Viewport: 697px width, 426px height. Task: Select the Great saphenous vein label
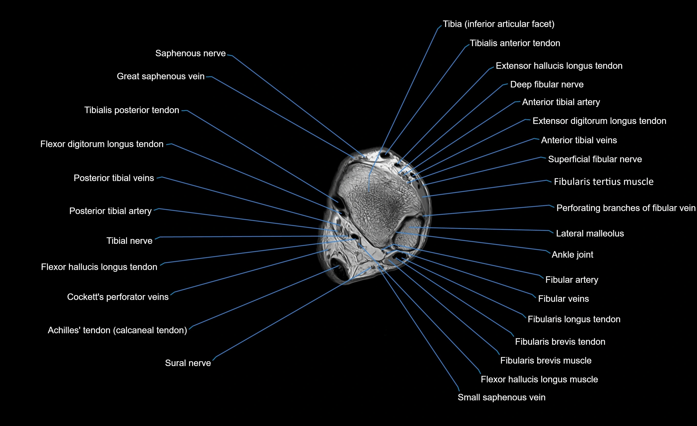pos(160,76)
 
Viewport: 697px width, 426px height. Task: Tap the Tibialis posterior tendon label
pos(132,110)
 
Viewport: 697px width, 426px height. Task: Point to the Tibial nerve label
pos(129,241)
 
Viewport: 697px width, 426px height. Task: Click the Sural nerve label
pos(188,363)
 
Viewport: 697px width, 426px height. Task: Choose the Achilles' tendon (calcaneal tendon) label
pos(117,330)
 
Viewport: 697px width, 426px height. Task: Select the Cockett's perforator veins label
pos(118,297)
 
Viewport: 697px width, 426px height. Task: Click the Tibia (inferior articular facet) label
pos(498,24)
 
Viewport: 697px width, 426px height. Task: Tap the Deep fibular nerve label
pos(547,85)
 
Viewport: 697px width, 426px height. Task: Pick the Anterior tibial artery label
pos(561,102)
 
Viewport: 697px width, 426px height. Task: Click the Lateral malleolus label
pos(590,234)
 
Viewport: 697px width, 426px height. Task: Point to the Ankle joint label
pos(572,255)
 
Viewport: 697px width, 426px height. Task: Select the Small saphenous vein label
pos(502,397)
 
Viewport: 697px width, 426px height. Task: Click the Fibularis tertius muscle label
pos(604,182)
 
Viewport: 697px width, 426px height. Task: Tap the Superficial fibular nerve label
pos(595,159)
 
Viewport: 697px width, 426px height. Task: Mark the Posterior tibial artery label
pos(110,211)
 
